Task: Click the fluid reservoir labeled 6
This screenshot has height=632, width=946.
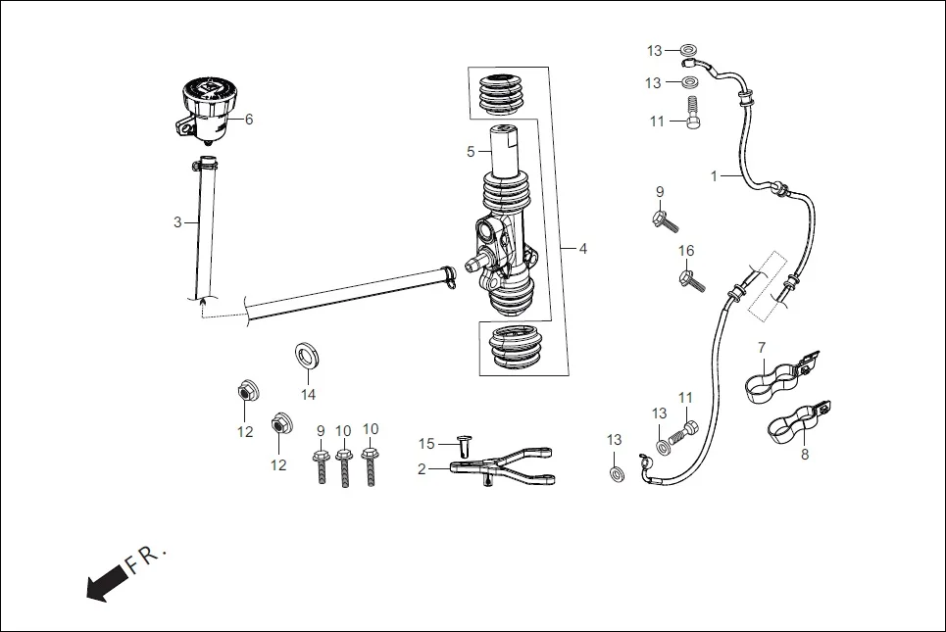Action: click(x=209, y=111)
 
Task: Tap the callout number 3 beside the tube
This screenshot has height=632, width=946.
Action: click(x=177, y=222)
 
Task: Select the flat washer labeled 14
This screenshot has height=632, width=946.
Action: click(x=308, y=355)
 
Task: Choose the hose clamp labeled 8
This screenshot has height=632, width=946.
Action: click(x=797, y=420)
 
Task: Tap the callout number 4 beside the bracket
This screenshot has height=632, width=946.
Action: click(x=582, y=249)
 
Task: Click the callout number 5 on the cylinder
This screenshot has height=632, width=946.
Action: click(x=471, y=152)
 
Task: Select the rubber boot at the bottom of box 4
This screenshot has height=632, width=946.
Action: click(x=518, y=349)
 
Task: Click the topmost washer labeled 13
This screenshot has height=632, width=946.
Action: click(x=688, y=50)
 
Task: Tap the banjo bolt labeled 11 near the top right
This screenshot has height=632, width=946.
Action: click(x=694, y=113)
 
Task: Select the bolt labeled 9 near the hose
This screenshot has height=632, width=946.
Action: click(x=664, y=219)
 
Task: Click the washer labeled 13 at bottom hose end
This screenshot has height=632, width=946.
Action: click(x=616, y=474)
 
